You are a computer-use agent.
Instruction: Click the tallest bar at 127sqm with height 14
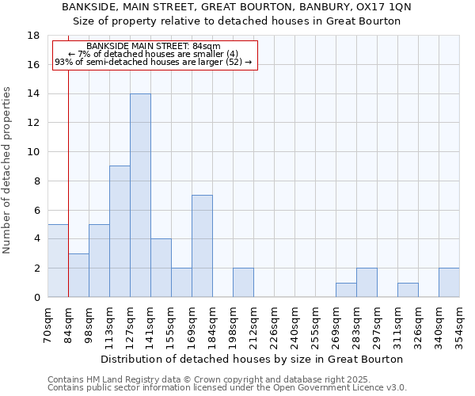(x=140, y=195)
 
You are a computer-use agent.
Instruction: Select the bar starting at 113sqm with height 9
(x=120, y=231)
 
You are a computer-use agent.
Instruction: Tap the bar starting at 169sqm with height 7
(x=202, y=246)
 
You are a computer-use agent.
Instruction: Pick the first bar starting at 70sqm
(x=58, y=261)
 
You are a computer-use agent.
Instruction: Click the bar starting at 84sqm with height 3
(x=78, y=275)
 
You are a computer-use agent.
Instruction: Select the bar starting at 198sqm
(x=243, y=282)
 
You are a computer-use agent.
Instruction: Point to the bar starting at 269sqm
(x=346, y=290)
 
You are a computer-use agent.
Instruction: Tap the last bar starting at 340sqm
(x=449, y=282)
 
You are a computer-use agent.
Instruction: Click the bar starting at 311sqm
(x=408, y=290)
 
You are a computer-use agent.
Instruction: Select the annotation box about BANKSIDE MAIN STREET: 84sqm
(x=155, y=55)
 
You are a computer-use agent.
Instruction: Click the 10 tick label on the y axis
(x=34, y=152)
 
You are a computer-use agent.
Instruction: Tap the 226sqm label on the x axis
(x=274, y=326)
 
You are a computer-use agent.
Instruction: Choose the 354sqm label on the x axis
(x=459, y=326)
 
